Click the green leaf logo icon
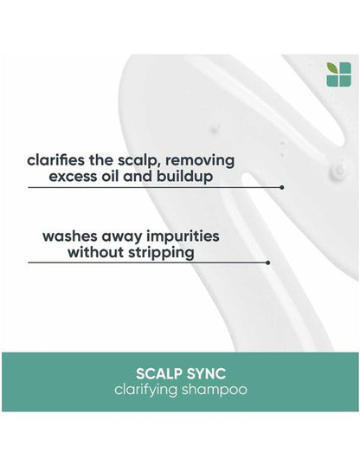coord(337,74)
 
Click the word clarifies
coord(55,160)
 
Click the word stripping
coord(164,254)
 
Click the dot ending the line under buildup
coord(282,186)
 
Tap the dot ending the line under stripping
coord(268,262)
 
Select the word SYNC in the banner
coord(208,373)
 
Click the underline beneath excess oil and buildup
coord(156,186)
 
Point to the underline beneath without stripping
coord(147,262)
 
